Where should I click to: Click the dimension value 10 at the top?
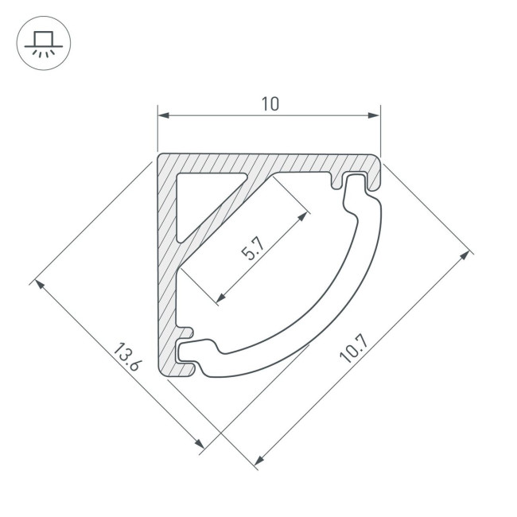pyautogui.click(x=270, y=103)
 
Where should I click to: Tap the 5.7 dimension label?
pyautogui.click(x=253, y=249)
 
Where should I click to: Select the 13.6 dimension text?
pyautogui.click(x=128, y=357)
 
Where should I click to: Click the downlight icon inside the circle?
pyautogui.click(x=44, y=44)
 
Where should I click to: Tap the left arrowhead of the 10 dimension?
pyautogui.click(x=164, y=115)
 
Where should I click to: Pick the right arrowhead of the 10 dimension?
pyautogui.click(x=374, y=115)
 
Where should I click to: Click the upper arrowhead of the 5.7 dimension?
pyautogui.click(x=302, y=217)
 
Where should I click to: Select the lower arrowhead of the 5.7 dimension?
pyautogui.click(x=221, y=297)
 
